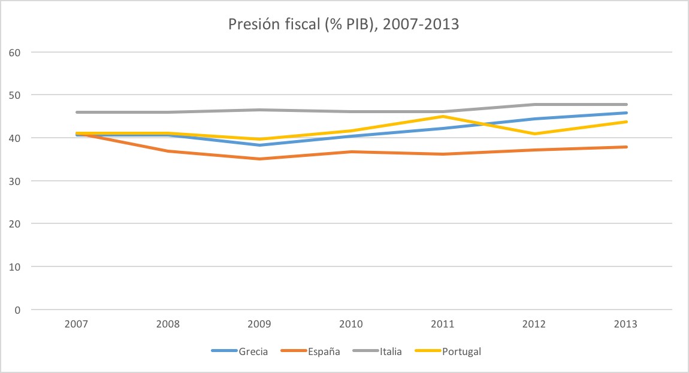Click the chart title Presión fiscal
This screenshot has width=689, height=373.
pos(344,25)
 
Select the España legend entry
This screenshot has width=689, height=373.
pos(324,351)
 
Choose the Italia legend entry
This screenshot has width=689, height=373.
pos(390,351)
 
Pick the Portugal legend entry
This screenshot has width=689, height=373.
pos(461,351)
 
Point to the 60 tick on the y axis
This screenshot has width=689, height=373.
pos(15,52)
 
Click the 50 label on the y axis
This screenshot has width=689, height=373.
pos(15,95)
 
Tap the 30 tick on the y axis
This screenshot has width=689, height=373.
pos(15,181)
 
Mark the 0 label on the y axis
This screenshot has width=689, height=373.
pos(18,310)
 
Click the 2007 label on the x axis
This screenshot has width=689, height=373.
pos(77,325)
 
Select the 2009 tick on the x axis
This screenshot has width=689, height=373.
pos(259,325)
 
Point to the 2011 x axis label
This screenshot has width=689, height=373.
pos(443,325)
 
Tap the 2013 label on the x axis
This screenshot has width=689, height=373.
pos(625,325)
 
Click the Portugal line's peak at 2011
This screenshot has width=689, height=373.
pos(443,116)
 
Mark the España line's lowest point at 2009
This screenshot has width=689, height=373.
pos(259,159)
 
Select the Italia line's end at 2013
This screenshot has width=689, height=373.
pos(625,104)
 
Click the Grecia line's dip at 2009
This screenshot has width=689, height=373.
pos(259,145)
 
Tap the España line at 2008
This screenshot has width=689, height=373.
pos(168,151)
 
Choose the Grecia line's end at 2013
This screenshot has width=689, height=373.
pos(625,113)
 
